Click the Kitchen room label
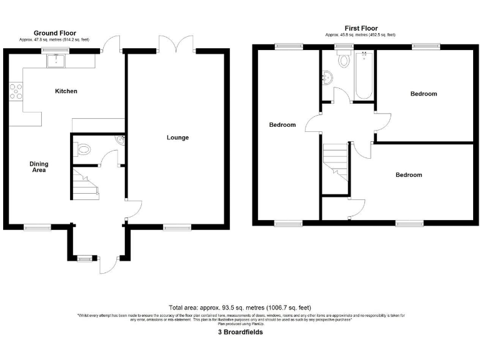point(66,91)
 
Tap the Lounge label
point(177,137)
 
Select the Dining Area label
point(39,167)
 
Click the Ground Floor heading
point(55,33)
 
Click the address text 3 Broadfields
point(240,332)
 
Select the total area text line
point(240,307)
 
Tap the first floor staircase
point(336,162)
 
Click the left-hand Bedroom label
point(282,125)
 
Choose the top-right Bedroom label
point(423,94)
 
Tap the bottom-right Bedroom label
point(408,175)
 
